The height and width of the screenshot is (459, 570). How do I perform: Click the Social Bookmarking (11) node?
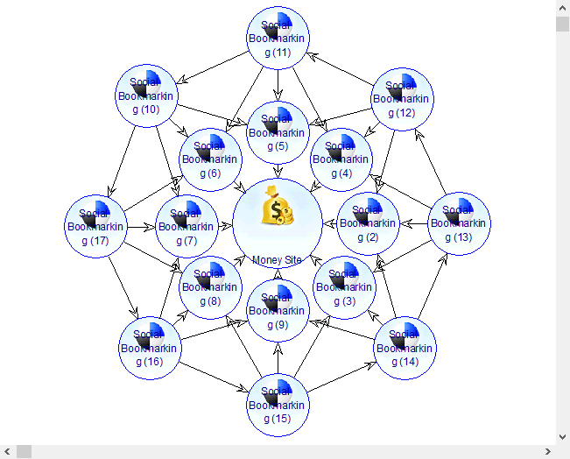pyautogui.click(x=278, y=39)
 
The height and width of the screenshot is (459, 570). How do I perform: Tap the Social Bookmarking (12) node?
pyautogui.click(x=402, y=99)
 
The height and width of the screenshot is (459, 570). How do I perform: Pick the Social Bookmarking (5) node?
pyautogui.click(x=278, y=133)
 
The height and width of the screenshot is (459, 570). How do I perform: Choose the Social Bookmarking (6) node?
pyautogui.click(x=210, y=159)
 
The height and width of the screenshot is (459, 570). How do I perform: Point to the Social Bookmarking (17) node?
pyautogui.click(x=96, y=226)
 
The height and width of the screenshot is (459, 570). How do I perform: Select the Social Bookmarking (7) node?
pyautogui.click(x=186, y=226)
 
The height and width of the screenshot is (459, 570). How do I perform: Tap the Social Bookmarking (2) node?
pyautogui.click(x=369, y=223)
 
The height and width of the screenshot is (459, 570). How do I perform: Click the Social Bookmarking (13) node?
pyautogui.click(x=458, y=223)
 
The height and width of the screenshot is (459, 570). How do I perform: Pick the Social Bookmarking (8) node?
pyautogui.click(x=210, y=287)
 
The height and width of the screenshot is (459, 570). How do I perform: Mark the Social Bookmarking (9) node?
pyautogui.click(x=278, y=311)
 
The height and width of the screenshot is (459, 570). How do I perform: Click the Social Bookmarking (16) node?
pyautogui.click(x=149, y=348)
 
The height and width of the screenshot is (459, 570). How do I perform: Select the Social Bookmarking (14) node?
pyautogui.click(x=405, y=348)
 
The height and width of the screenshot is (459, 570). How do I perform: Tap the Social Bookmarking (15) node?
pyautogui.click(x=278, y=405)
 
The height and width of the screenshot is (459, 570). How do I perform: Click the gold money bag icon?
pyautogui.click(x=278, y=211)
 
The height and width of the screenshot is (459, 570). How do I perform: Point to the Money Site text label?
pyautogui.click(x=277, y=260)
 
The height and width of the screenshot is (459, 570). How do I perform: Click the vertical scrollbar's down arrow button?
pyautogui.click(x=563, y=435)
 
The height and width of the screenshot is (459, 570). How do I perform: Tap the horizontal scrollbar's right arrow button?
pyautogui.click(x=547, y=451)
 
